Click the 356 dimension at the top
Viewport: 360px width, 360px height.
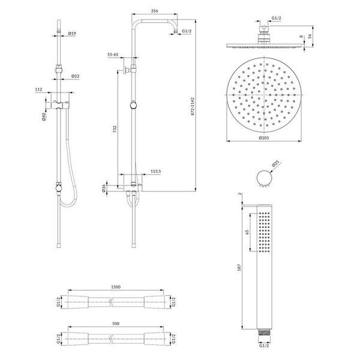coord(155,11)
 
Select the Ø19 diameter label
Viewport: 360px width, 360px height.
coord(72,34)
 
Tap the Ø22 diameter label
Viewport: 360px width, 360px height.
coord(76,76)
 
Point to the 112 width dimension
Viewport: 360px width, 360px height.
coord(39,89)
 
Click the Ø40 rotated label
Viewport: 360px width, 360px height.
coord(44,116)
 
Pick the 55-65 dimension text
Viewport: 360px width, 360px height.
coord(113,55)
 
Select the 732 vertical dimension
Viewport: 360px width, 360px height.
coord(115,129)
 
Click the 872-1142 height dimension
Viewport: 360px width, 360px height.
coord(193,106)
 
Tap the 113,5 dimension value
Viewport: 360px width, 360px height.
coord(156,171)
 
